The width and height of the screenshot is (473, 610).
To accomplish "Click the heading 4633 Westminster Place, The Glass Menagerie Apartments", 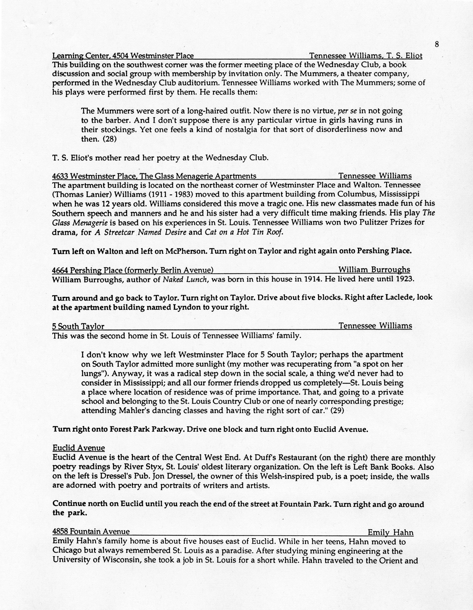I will [154, 176].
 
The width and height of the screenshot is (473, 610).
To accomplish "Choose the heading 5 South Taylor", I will [78, 326].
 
